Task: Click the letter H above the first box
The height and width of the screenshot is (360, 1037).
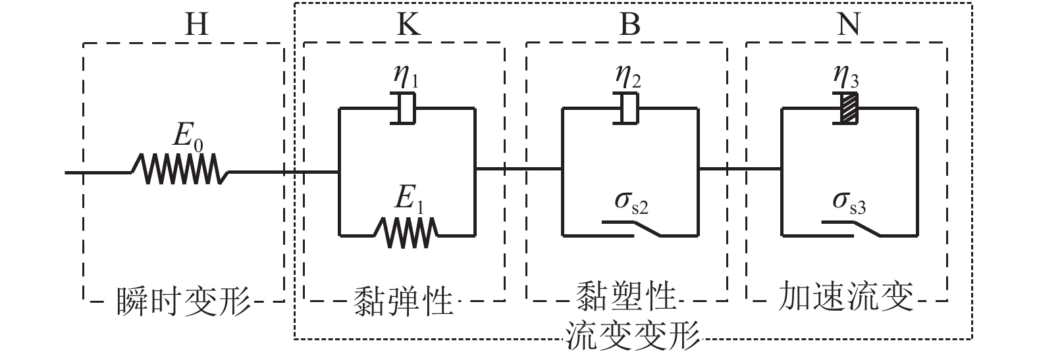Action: pyautogui.click(x=196, y=24)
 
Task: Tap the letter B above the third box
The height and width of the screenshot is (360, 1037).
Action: pyautogui.click(x=629, y=24)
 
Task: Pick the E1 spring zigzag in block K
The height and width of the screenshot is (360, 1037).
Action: pyautogui.click(x=406, y=231)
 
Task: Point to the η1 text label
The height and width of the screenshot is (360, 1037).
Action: pyautogui.click(x=406, y=78)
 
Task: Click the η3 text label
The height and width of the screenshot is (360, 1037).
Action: pyautogui.click(x=849, y=78)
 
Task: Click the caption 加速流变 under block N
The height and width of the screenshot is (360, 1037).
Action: pyautogui.click(x=847, y=297)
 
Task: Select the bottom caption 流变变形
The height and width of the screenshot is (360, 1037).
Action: pyautogui.click(x=632, y=336)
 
